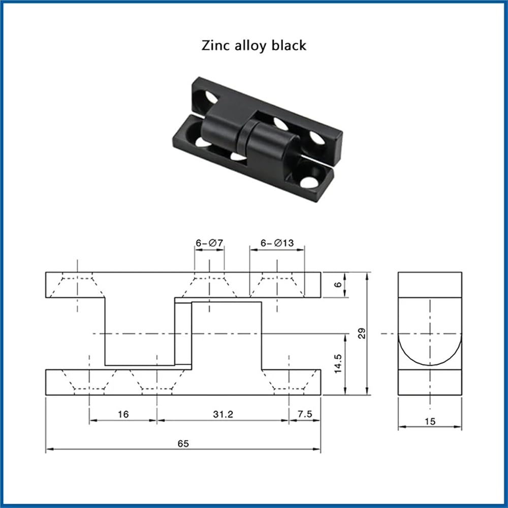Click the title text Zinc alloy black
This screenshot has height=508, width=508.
253,45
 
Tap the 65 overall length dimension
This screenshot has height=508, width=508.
183,443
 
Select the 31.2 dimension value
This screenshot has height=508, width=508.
223,415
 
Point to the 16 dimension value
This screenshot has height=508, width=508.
123,415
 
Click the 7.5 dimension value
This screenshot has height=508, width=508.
305,414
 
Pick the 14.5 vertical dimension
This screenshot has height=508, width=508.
338,364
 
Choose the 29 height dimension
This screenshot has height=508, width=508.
362,333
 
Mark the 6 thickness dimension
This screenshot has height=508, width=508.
338,284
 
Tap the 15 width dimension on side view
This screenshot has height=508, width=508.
430,422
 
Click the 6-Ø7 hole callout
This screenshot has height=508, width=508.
209,243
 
